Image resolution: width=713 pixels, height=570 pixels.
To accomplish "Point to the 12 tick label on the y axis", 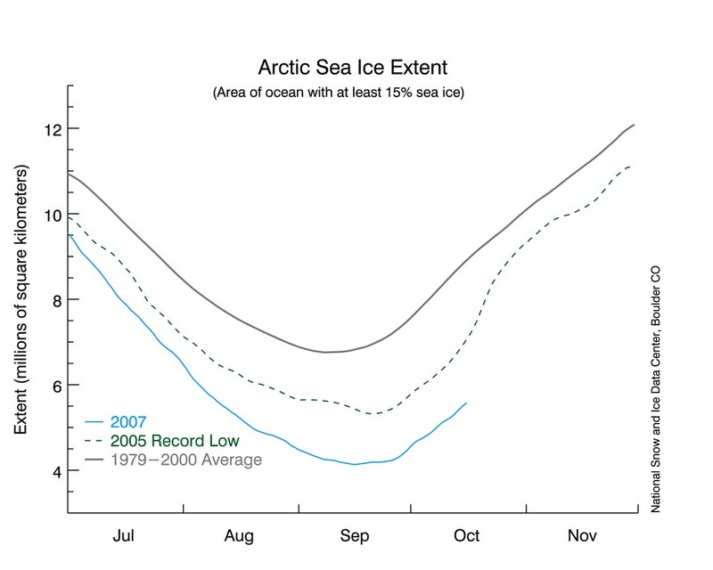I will point(50,129).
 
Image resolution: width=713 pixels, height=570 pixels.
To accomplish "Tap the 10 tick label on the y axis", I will point(50,215).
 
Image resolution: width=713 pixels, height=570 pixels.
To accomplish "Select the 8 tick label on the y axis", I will point(53,300).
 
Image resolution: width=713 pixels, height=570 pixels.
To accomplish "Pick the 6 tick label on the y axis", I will point(53,386).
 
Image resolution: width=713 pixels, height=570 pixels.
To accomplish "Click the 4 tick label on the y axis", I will point(53,470).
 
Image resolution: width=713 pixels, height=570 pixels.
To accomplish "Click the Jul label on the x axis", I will point(126,536).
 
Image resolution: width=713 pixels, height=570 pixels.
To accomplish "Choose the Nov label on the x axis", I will point(583,536).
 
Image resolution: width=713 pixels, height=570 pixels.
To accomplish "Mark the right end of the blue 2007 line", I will point(467,403).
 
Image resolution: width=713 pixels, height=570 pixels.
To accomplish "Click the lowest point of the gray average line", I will point(328,353).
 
